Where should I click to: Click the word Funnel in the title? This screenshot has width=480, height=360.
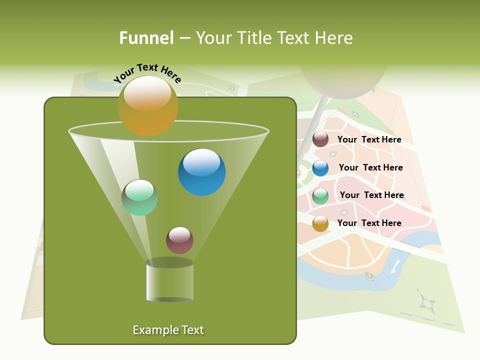click(146, 38)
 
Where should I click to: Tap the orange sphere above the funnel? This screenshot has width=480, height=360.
click(147, 105)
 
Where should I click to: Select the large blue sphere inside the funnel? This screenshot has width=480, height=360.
click(201, 171)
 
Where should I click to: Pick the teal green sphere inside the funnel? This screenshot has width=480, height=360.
click(139, 197)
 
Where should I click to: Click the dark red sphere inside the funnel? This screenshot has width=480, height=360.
click(179, 240)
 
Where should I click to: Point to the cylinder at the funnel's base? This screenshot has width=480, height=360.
click(169, 281)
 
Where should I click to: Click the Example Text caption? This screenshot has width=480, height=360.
click(168, 330)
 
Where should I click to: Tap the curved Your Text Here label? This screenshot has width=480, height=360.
click(147, 73)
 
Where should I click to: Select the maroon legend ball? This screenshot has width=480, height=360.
click(320, 139)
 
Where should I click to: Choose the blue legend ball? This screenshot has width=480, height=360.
click(320, 168)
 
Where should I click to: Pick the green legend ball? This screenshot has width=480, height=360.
click(320, 196)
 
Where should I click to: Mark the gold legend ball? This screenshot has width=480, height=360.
click(320, 223)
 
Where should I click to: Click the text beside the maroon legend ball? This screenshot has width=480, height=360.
click(369, 139)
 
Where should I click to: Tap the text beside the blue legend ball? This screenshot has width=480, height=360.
click(370, 167)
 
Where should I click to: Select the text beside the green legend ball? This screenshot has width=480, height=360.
click(371, 195)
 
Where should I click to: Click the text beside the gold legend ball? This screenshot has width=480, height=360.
click(369, 223)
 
